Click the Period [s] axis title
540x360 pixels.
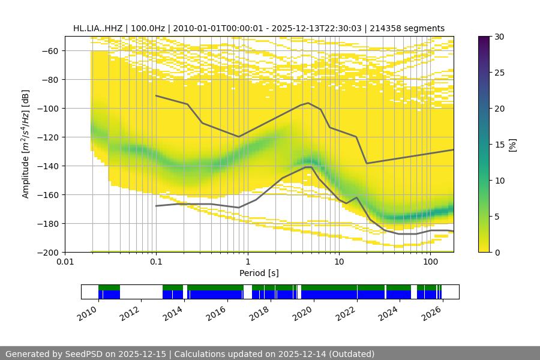(259, 274)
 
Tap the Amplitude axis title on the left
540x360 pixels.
(26, 144)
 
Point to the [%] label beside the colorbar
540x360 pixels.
(512, 145)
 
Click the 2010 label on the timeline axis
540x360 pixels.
(88, 311)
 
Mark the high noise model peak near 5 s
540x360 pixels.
(308, 103)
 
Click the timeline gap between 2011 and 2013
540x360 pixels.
(141, 292)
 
